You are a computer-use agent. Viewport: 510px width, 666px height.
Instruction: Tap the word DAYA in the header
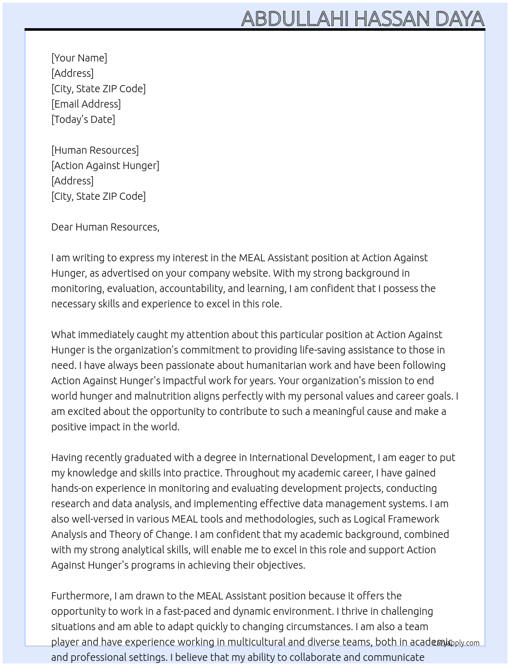(459, 19)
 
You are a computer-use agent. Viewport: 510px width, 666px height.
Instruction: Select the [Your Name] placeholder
(79, 58)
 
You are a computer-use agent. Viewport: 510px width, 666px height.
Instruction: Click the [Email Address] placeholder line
(86, 104)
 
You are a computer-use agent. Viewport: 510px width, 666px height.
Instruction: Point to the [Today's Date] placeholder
(83, 119)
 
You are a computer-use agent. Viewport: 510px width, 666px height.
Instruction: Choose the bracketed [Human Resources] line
(95, 150)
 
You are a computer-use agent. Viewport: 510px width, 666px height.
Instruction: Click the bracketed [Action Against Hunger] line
(105, 165)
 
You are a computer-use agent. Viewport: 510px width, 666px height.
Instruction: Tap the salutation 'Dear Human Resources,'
(105, 227)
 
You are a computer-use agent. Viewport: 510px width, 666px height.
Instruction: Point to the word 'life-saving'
(324, 350)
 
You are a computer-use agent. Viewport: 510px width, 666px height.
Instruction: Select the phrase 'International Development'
(311, 457)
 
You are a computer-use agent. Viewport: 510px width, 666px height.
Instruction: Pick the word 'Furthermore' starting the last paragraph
(81, 596)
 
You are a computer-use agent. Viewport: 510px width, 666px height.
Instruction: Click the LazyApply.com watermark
(456, 643)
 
